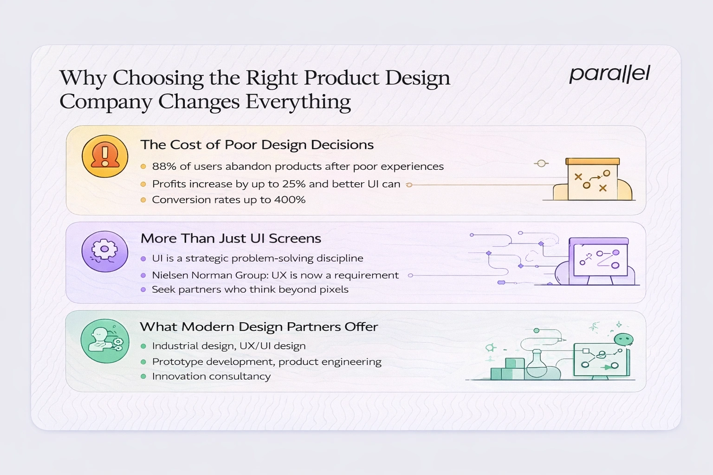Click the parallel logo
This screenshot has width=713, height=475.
609,74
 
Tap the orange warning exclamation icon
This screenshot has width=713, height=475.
105,156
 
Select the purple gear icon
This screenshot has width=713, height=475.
105,251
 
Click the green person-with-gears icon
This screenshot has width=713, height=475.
105,341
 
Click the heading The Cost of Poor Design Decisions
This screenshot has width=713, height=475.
257,145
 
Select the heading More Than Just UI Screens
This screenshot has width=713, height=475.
231,238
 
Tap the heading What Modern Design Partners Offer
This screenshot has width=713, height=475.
259,327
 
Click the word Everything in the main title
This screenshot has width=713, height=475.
298,102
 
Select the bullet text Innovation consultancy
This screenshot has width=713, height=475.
211,376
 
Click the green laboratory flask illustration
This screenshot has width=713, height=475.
537,365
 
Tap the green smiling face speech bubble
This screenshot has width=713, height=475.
623,340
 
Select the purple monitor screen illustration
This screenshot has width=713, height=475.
599,259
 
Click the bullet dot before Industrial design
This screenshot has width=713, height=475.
143,346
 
